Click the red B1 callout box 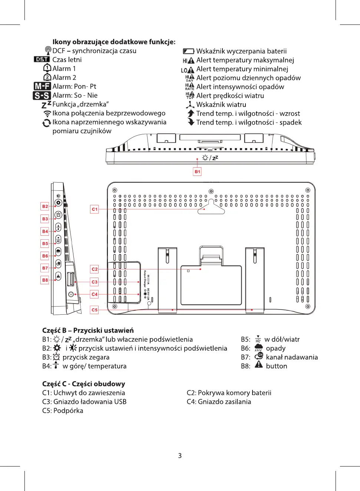click(x=197, y=171)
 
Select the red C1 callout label click(x=95, y=209)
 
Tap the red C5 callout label click(x=95, y=310)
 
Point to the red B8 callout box click(x=45, y=280)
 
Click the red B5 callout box click(x=45, y=243)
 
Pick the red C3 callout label click(x=95, y=282)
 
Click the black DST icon click(x=42, y=59)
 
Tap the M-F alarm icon click(x=42, y=86)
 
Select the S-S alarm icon click(x=42, y=95)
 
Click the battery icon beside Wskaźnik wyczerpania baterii click(x=188, y=51)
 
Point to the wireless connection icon click(x=47, y=114)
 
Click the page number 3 click(x=180, y=455)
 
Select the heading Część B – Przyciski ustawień click(x=88, y=330)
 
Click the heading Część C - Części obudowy click(x=83, y=384)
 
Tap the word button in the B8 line click(x=276, y=366)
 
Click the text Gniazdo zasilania click(x=224, y=402)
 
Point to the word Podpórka click(x=68, y=410)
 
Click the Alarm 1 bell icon click(x=47, y=68)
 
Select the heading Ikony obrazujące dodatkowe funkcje click(x=114, y=42)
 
